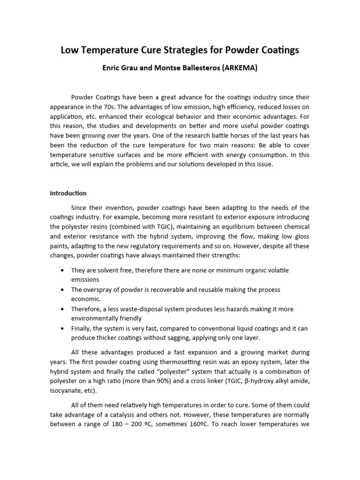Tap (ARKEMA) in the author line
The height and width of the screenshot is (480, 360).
(237, 68)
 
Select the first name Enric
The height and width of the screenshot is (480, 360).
(112, 68)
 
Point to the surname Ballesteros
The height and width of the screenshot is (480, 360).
(187, 68)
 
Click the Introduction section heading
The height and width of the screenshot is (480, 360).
(68, 193)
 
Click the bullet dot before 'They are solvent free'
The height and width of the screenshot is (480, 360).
(63, 270)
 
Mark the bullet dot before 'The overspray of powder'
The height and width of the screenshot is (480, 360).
(63, 290)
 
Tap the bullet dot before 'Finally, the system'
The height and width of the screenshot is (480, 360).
(63, 329)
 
